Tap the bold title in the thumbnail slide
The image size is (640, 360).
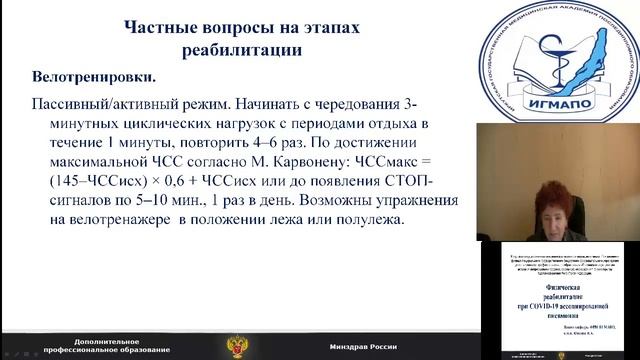click(559, 297)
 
